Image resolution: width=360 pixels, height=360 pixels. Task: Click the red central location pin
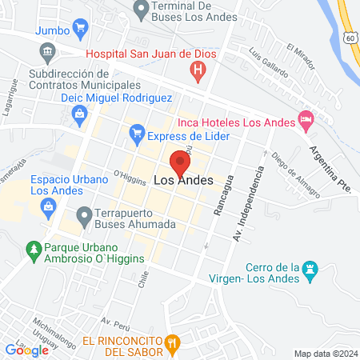pos(180,162)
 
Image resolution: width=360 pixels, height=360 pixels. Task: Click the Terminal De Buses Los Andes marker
pos(142,10)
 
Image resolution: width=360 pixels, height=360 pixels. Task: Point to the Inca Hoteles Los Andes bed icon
pos(306,120)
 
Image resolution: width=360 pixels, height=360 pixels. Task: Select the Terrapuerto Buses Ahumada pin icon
pos(84,214)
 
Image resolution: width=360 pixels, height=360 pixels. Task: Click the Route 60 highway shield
pos(350,38)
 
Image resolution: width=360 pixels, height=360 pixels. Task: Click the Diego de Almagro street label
pos(295,176)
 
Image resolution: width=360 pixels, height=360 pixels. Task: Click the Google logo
pos(26,350)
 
